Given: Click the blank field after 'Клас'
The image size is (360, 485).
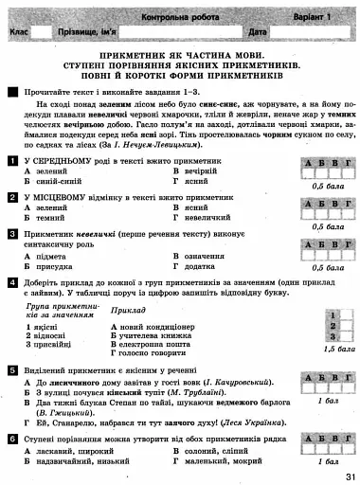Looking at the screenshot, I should [42, 32].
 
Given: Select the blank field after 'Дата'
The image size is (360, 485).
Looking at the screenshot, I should [303, 32].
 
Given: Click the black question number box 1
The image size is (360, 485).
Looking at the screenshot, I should [10, 162].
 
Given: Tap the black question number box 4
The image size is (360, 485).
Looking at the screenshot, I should [10, 282].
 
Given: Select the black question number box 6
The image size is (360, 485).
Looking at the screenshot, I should [10, 440].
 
